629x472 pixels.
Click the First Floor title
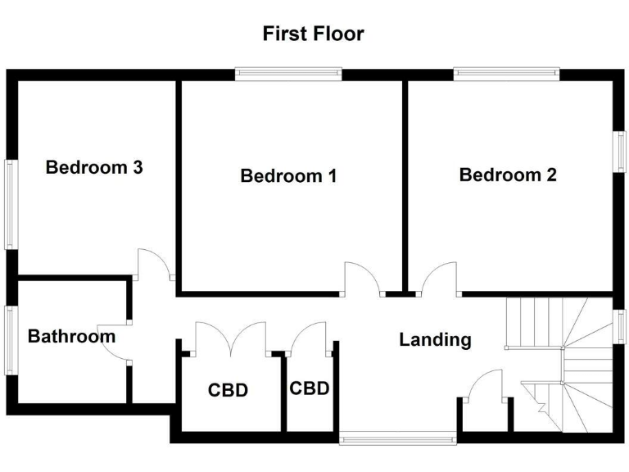pos(313,34)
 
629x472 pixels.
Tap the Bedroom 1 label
pos(288,175)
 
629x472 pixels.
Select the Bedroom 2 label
pos(508,175)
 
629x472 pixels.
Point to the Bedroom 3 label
pos(94,167)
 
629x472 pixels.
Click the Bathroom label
pos(71,336)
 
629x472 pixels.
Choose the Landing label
pos(435,339)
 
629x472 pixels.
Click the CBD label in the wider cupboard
pos(228,390)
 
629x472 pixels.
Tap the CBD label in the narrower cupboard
pos(310,388)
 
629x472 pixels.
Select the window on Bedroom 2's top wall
pos(507,74)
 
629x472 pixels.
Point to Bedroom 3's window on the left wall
pos(11,203)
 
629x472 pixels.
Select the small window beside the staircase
pos(620,325)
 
